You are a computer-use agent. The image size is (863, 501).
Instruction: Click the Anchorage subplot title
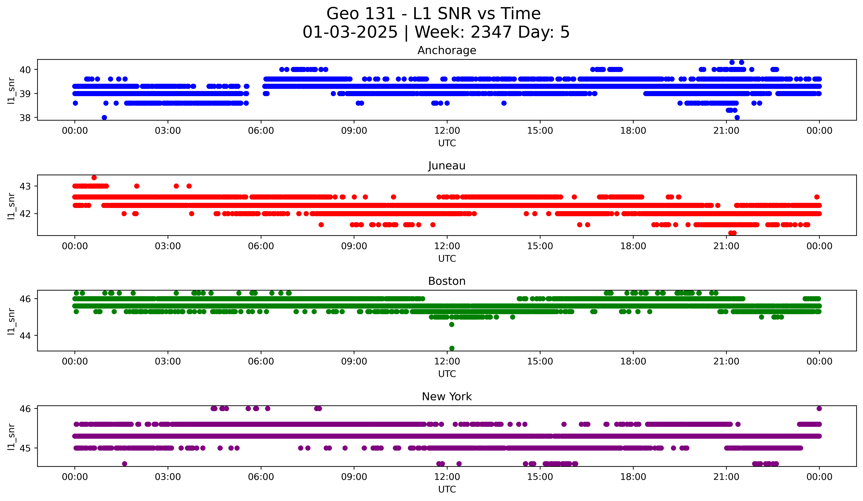tap(447, 50)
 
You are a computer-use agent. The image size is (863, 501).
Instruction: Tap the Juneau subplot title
tap(447, 166)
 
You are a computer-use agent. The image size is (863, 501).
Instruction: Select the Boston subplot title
tap(447, 281)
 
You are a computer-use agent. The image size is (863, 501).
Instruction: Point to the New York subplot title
tap(447, 397)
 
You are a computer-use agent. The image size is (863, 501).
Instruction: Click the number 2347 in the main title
tap(491, 32)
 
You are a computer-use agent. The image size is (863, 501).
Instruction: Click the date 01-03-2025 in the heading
tap(350, 32)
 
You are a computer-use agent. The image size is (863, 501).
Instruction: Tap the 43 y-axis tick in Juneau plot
tap(25, 186)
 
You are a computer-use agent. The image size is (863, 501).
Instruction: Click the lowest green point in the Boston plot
tap(452, 348)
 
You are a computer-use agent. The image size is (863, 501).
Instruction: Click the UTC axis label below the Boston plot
tap(447, 374)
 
